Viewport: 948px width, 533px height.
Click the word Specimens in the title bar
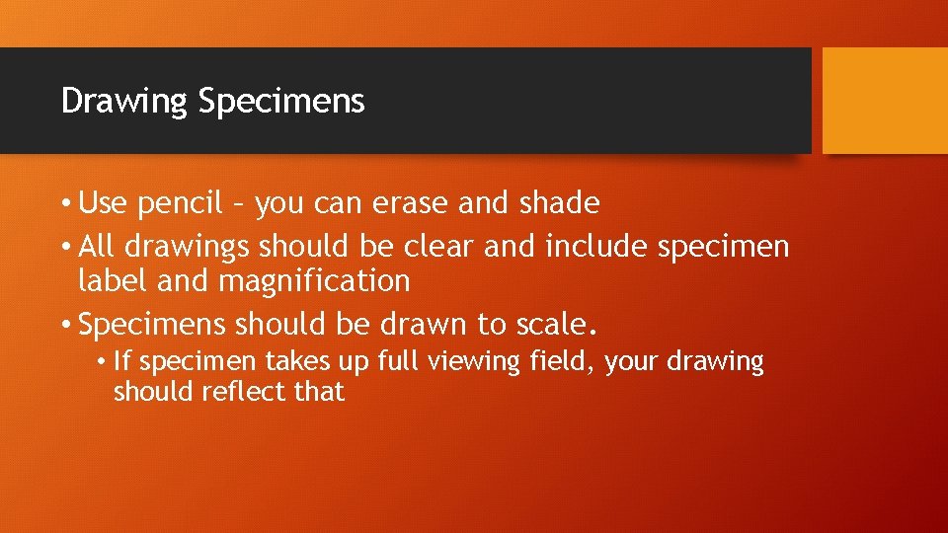(281, 101)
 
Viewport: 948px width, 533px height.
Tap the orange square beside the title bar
(885, 101)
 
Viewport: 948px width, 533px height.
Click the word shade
(560, 203)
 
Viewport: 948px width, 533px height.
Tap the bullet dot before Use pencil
(66, 204)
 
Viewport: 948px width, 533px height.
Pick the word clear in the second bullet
(439, 246)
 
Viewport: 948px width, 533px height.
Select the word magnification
(313, 282)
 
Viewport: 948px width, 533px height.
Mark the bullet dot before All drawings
(66, 246)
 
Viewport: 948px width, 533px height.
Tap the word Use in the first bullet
(104, 204)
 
